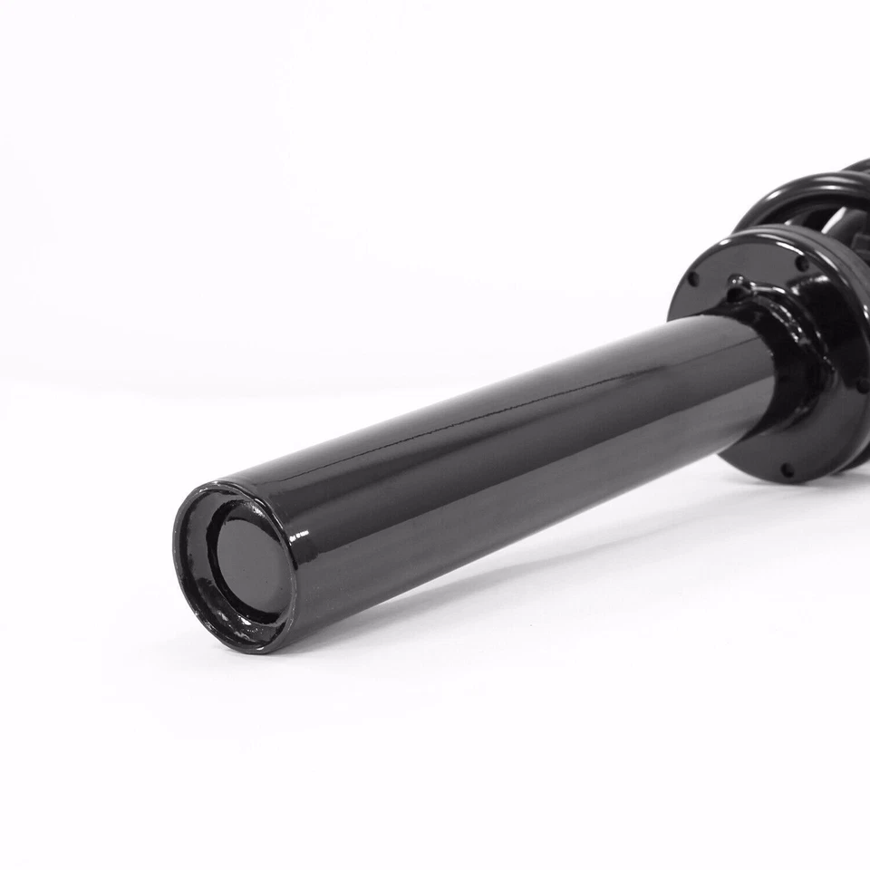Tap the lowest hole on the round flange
(786, 471)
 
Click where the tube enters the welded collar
(766, 362)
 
